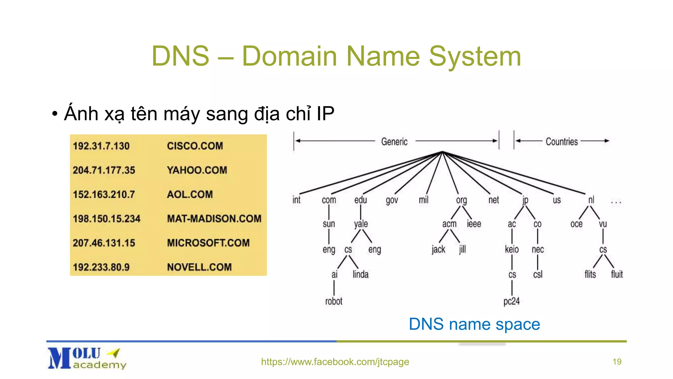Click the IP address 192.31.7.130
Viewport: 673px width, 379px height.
101,146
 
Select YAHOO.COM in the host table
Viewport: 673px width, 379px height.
197,170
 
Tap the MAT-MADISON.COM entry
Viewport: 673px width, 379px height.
214,218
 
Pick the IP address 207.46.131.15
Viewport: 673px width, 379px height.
104,243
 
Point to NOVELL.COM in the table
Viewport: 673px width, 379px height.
199,267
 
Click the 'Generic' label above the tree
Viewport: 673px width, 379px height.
394,141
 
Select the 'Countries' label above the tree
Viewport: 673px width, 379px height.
562,141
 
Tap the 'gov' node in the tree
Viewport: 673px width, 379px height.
392,200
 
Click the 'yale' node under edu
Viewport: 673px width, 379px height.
361,224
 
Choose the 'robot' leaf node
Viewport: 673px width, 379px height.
334,301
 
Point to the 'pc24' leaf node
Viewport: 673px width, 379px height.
511,301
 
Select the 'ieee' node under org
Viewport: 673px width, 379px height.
474,224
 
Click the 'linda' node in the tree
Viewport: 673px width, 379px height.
360,274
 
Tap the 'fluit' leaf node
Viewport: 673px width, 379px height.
616,274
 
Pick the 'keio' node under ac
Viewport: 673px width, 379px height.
512,249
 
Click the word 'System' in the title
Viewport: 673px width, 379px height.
475,56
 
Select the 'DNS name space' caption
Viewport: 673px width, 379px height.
474,324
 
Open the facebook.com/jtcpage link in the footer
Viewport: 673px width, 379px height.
335,362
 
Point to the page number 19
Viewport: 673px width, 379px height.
617,362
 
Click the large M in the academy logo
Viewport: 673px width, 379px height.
59,358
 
